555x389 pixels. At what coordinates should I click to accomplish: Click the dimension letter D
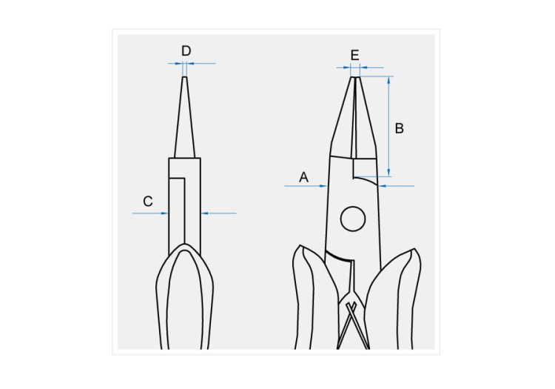click(186, 51)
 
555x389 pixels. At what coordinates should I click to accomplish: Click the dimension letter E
click(354, 56)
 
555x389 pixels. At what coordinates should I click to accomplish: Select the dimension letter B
click(400, 128)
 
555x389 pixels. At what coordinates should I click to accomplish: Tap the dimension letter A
click(303, 177)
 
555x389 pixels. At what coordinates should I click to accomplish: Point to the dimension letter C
click(148, 202)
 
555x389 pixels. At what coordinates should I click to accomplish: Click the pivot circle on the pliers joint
click(353, 219)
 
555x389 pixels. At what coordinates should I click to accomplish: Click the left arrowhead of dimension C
click(164, 213)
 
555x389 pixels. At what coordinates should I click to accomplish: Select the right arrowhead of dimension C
click(204, 213)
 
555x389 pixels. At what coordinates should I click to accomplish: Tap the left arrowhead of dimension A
click(323, 186)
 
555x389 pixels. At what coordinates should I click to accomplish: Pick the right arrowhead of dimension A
click(383, 186)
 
